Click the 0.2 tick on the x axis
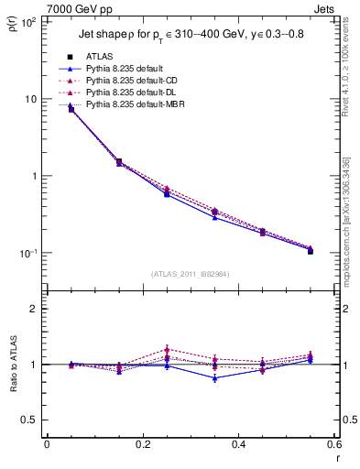click(x=142, y=444)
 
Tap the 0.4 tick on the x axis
click(x=238, y=444)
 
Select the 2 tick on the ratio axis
click(x=34, y=309)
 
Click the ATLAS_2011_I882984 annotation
click(x=190, y=274)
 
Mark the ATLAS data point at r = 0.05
click(x=71, y=109)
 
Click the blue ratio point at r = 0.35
click(x=215, y=377)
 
